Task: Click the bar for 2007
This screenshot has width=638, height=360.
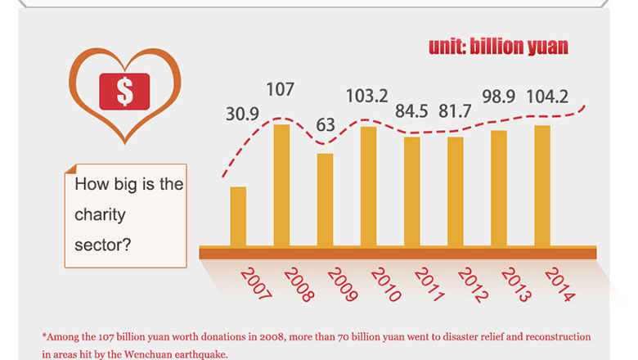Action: [238, 216]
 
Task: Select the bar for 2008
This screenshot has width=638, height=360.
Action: [281, 185]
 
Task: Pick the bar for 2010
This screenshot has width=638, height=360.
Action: [368, 186]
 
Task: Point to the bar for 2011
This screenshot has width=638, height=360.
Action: [411, 191]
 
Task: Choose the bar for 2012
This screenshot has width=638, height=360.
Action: [455, 191]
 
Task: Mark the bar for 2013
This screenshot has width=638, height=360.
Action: [499, 187]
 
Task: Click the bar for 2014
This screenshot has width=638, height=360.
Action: [542, 185]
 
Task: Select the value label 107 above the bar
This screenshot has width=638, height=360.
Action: [280, 89]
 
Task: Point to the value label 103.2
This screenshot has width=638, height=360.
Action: [367, 95]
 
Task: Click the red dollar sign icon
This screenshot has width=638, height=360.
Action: [124, 91]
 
